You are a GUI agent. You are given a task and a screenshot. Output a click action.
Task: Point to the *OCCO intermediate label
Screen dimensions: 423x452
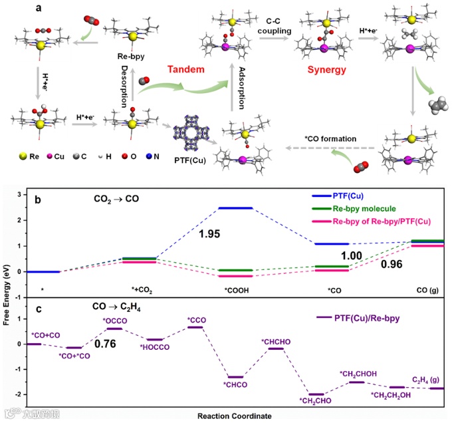click(114, 321)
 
